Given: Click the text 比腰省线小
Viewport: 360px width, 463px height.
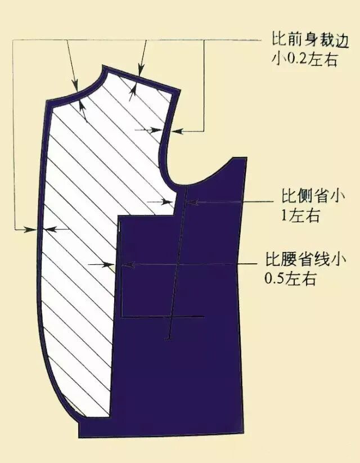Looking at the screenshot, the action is pyautogui.click(x=303, y=261).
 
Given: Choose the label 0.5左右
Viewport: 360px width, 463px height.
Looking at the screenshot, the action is pyautogui.click(x=289, y=278).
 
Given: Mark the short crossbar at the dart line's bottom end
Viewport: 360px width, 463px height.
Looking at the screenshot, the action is pyautogui.click(x=168, y=338).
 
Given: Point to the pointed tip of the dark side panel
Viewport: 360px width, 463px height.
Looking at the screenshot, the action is pyautogui.click(x=245, y=157).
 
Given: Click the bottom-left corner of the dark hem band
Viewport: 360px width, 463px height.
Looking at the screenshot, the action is pyautogui.click(x=79, y=436).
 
